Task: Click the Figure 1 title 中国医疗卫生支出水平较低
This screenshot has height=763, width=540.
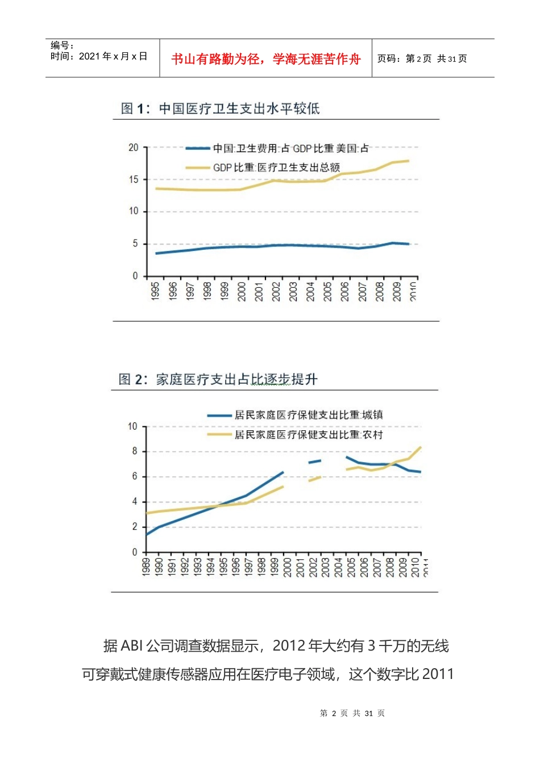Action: (x=239, y=108)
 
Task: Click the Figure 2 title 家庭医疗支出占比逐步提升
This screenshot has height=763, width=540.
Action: (x=236, y=379)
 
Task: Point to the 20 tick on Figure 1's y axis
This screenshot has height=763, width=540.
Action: (x=134, y=148)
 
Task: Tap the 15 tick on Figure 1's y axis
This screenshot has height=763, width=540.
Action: (x=134, y=179)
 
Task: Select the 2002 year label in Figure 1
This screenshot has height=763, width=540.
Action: (x=276, y=291)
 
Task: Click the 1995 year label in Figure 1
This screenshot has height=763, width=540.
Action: (x=155, y=291)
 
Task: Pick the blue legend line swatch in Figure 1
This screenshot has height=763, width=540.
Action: (x=198, y=149)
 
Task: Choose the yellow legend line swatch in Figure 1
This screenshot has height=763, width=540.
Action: (x=198, y=167)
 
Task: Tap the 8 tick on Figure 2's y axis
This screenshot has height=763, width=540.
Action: (x=135, y=451)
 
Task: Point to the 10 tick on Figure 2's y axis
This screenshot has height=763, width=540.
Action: (x=132, y=426)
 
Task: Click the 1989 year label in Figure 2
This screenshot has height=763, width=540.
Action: (x=146, y=567)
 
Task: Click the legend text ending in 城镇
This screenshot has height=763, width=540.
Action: (x=309, y=415)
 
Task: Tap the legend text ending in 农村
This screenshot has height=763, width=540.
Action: (x=309, y=435)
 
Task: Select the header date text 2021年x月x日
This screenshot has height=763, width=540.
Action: (x=113, y=56)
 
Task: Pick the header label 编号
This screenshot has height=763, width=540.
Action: (x=61, y=45)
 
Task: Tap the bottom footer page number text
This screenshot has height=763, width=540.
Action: (x=352, y=713)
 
